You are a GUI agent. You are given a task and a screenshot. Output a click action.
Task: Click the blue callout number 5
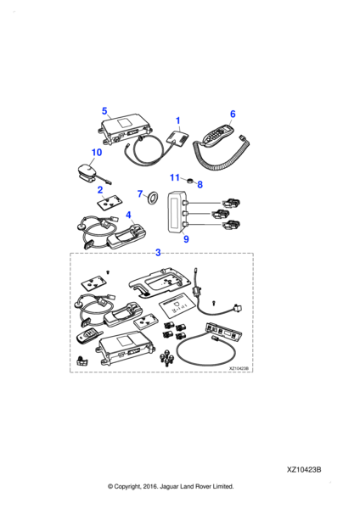point(104,111)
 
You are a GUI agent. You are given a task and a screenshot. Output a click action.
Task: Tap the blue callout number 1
point(177,120)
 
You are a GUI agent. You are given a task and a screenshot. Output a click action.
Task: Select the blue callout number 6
point(233,114)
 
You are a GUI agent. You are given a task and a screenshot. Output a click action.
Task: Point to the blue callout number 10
point(97,152)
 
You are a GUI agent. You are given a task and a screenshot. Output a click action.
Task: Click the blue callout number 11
point(175,177)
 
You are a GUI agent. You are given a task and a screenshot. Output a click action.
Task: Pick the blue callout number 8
point(200,184)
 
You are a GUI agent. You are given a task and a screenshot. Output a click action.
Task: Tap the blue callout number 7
point(140,193)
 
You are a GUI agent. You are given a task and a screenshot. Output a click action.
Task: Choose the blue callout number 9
point(186,239)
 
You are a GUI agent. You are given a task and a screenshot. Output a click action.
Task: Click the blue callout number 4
point(128,215)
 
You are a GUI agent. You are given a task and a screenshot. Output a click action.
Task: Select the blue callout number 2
point(100,189)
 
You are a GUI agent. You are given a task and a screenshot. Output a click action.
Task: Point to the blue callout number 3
point(158,252)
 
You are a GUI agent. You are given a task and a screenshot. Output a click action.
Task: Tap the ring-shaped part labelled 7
point(152,198)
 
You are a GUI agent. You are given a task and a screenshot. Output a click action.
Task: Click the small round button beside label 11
point(189,180)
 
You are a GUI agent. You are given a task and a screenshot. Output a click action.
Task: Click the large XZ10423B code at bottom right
point(304,470)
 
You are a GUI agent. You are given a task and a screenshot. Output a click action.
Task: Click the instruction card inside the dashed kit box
point(176,306)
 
